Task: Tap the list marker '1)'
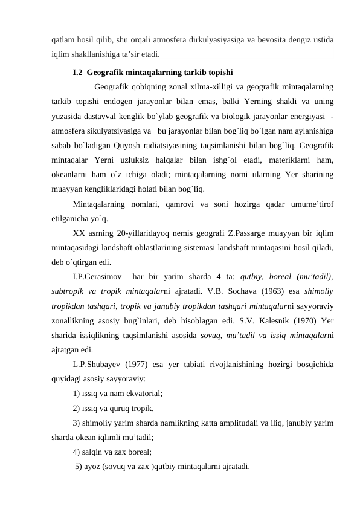pyautogui.click(x=76, y=393)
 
